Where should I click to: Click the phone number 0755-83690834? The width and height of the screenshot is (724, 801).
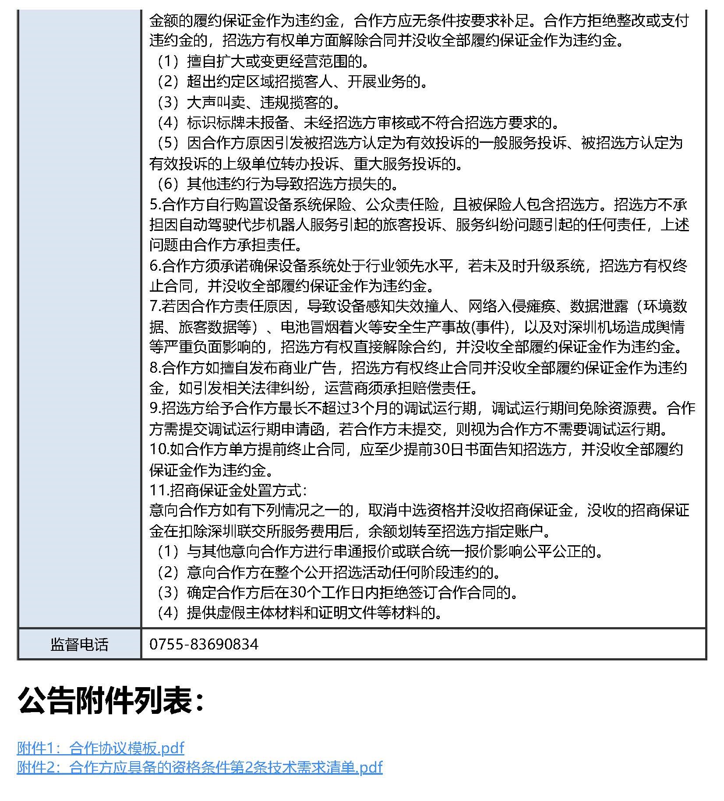(204, 644)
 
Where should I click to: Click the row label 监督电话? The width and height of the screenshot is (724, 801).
(79, 644)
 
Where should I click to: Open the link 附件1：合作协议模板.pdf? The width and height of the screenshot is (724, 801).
(100, 748)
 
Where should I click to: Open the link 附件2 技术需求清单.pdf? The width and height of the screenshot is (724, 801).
(199, 767)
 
